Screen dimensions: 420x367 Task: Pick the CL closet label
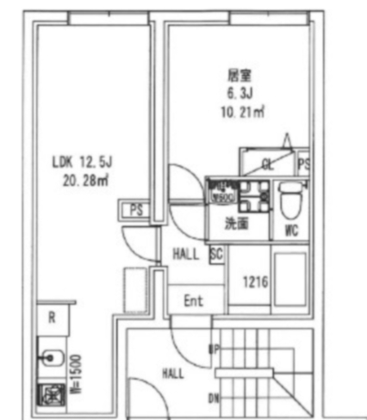[x=268, y=164]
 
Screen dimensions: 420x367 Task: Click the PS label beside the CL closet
[x=303, y=164]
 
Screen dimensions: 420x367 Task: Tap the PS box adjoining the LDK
[x=136, y=210]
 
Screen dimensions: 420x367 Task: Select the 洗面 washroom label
[x=238, y=225]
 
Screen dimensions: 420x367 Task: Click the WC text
[x=290, y=230]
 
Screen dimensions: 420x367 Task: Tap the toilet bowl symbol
[x=289, y=200]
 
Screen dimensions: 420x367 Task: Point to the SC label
[x=216, y=254]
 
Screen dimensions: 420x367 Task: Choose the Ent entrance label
[x=194, y=301]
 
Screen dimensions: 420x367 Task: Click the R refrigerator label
[x=52, y=317]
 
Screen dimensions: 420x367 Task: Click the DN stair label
[x=214, y=398]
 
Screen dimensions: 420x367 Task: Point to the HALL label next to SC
[x=186, y=254]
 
